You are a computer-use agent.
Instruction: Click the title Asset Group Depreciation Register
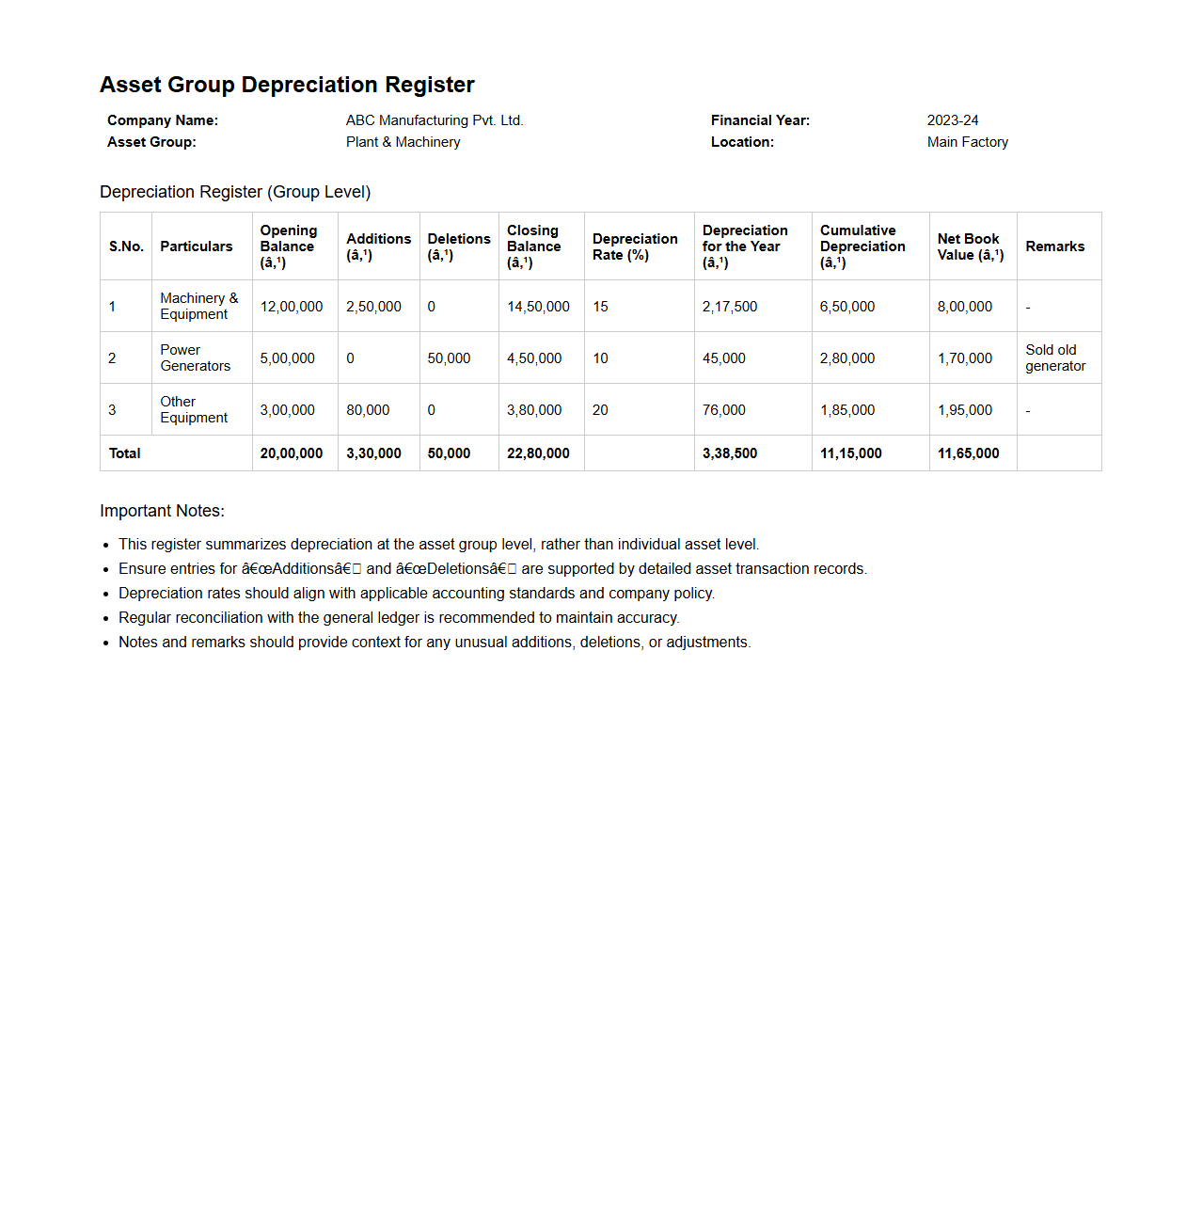287,85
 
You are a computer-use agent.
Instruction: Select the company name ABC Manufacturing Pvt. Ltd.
434,120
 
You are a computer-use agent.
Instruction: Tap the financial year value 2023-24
952,120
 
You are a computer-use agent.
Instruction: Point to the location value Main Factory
967,142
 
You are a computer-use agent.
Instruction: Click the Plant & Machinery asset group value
403,142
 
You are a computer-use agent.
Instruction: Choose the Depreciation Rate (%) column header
635,246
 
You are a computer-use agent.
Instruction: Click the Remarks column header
1054,246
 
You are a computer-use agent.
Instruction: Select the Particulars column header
196,246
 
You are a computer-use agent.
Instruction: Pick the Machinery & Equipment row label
198,306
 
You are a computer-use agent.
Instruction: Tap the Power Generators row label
195,357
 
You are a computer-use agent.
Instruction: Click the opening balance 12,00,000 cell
292,307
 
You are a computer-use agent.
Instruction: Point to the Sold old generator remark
1054,357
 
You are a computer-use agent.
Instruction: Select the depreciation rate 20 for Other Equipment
600,410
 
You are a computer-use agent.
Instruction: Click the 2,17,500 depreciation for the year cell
729,307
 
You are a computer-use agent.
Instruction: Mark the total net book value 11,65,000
968,453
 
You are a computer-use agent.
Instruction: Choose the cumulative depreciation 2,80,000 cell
846,358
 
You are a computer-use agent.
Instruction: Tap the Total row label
124,453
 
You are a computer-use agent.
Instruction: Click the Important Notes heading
162,511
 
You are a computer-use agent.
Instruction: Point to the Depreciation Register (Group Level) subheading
235,192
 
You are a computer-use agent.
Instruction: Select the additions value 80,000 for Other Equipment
368,410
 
